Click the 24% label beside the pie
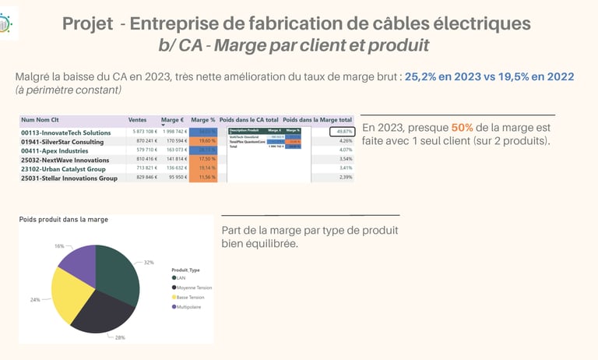pos(35,299)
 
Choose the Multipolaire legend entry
pos(192,306)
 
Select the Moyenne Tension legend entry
pos(195,288)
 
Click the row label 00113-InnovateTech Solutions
pos(66,132)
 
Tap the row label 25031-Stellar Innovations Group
pos(69,178)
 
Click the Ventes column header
pos(138,120)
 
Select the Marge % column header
pos(202,120)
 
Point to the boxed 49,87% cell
pos(341,132)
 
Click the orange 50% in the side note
pos(463,127)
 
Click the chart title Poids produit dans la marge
pos(63,219)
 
